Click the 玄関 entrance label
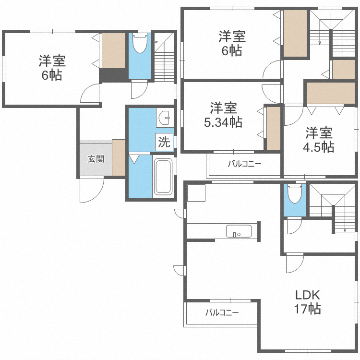96,159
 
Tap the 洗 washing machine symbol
164,142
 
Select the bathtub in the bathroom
163,177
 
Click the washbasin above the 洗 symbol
165,118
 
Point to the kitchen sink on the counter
239,231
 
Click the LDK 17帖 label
307,302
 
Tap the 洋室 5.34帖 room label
223,115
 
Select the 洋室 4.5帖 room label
319,140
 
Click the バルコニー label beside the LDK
222,312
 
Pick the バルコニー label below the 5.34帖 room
244,164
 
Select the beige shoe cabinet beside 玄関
119,157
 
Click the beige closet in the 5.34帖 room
274,129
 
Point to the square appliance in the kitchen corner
196,193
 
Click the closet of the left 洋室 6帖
114,50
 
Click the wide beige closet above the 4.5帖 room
331,93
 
